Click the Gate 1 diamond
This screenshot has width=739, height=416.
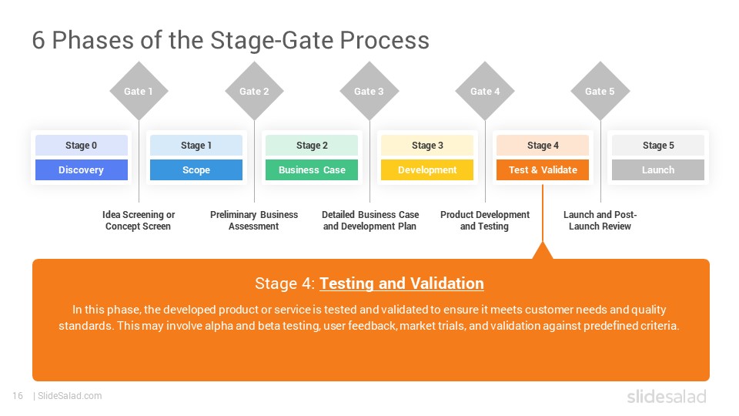coord(139,91)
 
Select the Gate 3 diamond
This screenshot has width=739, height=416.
coord(369,91)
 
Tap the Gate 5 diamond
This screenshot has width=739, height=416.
coord(600,91)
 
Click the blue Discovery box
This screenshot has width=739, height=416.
coord(81,169)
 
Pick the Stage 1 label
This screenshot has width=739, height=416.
coord(196,145)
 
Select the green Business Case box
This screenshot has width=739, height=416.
coord(312,169)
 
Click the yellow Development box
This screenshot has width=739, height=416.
coord(427,169)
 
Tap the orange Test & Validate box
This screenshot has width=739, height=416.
coord(543,169)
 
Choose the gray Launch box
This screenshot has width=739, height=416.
coord(658,169)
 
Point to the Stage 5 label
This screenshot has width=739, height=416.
coord(658,145)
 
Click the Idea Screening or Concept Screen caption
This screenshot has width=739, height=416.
coord(139,220)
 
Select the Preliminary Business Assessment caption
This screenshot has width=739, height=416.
coord(254,220)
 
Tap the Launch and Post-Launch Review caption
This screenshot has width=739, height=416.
coord(600,220)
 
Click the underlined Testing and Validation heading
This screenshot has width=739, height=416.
coord(402,283)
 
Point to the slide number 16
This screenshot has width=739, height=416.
coord(18,396)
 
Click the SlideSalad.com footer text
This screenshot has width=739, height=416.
coord(69,396)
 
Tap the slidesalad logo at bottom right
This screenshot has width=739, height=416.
coord(666,397)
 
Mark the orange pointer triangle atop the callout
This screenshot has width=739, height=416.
coord(543,251)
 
